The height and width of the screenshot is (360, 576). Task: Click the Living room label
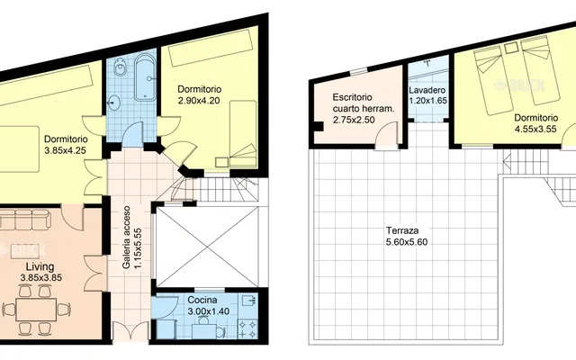point(40,266)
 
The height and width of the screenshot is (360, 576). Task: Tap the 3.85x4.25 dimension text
point(66,150)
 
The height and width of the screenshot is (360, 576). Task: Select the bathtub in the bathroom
point(145,77)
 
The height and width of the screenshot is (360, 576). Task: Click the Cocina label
point(202,300)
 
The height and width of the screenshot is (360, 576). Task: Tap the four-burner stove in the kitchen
point(248,328)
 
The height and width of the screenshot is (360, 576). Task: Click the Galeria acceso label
point(127,237)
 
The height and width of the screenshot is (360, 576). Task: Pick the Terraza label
point(402,230)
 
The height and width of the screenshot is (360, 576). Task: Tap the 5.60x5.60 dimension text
point(407,242)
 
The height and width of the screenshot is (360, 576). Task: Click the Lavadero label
point(427,90)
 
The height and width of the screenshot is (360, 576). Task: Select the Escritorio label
point(352,97)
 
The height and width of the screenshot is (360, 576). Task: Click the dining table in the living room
point(36,310)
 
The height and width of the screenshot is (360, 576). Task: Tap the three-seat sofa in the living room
point(23,219)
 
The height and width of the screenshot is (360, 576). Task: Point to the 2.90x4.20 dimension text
point(199,100)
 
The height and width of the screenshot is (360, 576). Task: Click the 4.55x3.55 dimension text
point(535,129)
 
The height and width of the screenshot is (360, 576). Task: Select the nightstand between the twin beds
point(510,48)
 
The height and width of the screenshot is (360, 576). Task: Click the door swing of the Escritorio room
point(386,135)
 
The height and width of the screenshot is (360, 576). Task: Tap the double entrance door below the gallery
point(130,332)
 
